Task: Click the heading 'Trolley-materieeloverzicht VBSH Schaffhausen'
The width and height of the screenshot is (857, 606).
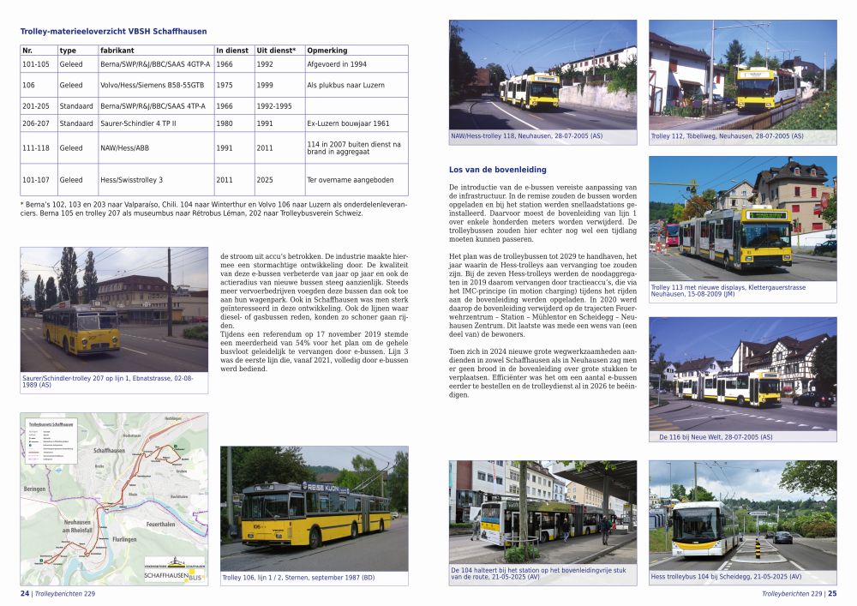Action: pos(113,32)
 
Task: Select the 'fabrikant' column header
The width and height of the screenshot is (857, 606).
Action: pos(117,51)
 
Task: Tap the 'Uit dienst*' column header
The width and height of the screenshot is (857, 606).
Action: pos(276,51)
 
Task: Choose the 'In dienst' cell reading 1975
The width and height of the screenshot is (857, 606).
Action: pos(225,85)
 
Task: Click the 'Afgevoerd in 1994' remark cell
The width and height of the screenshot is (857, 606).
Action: pos(337,64)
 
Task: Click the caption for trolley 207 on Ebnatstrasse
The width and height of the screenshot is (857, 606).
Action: pos(113,381)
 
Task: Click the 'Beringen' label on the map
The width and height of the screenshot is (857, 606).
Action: pos(37,488)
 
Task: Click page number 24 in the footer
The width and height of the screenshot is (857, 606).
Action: pos(25,591)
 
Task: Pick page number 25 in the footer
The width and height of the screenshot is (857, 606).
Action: pos(831,592)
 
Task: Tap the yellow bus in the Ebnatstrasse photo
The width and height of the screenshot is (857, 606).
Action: pos(81,327)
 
